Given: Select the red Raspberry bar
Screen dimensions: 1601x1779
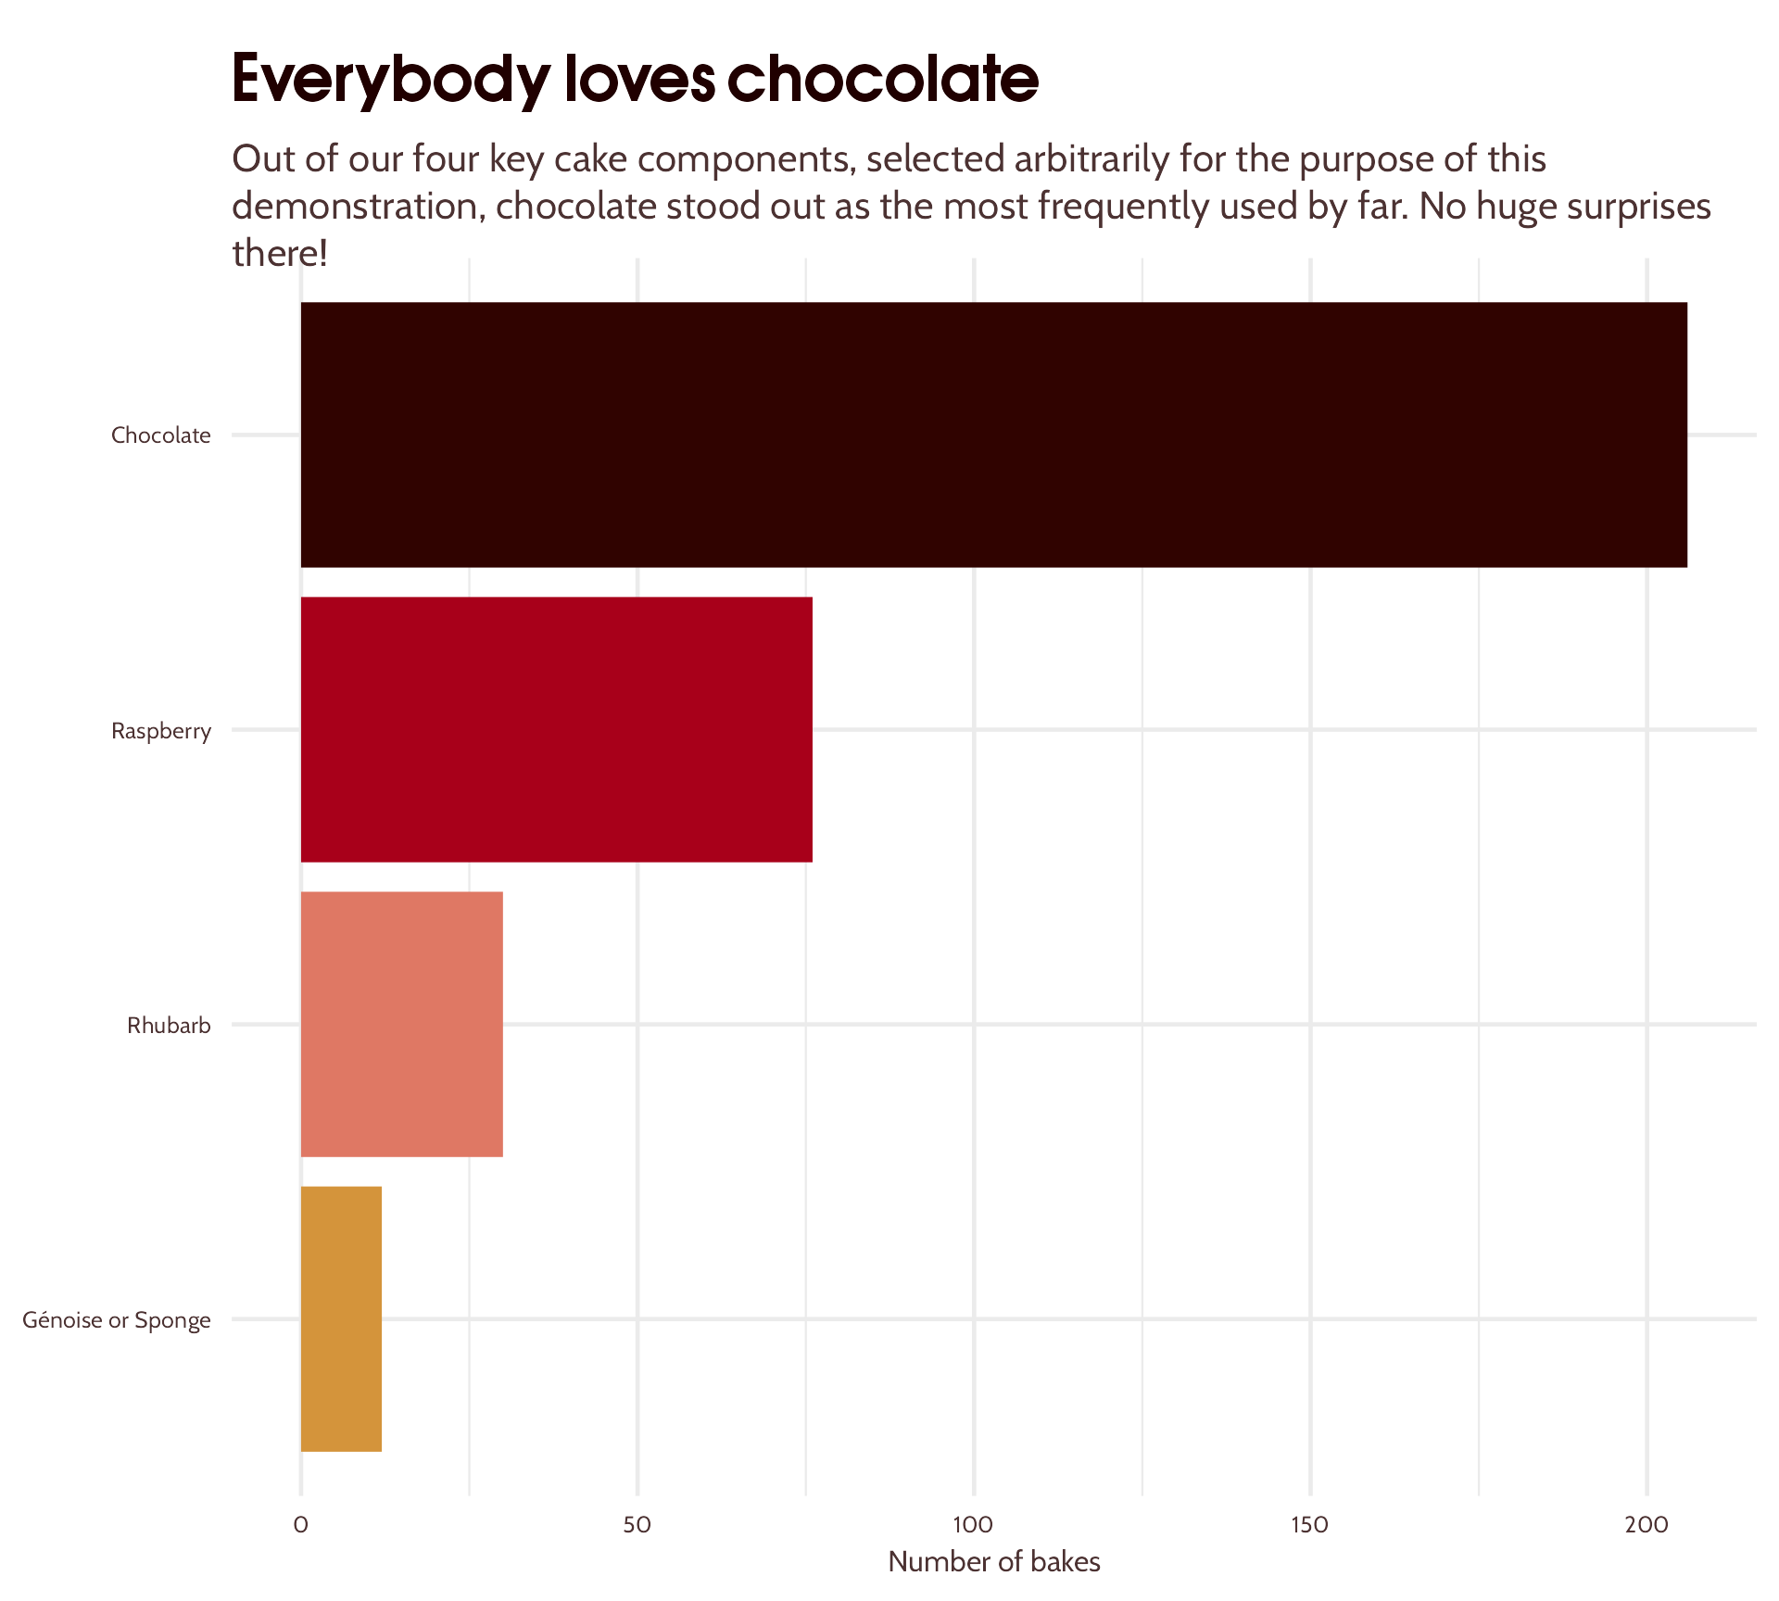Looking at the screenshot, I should click(x=556, y=729).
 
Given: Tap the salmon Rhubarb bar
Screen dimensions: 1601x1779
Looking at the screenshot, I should click(x=401, y=1024).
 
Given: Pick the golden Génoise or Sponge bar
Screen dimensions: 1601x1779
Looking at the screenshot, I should click(x=341, y=1318).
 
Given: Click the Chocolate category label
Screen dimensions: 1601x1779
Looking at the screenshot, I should click(x=161, y=435).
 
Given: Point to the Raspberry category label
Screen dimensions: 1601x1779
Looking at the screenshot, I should click(x=161, y=731).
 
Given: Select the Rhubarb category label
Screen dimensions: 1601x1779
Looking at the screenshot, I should click(x=169, y=1026).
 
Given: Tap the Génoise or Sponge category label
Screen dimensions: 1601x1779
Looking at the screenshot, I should click(x=117, y=1320).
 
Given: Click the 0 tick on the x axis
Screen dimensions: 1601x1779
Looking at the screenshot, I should click(x=300, y=1525).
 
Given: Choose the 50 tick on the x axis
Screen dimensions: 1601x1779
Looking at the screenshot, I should click(x=637, y=1525).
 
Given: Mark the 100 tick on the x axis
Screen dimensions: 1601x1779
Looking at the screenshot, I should click(x=974, y=1525).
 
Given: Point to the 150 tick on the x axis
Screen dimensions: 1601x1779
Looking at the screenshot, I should click(x=1310, y=1525).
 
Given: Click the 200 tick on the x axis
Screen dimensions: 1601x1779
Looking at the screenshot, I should click(x=1647, y=1525).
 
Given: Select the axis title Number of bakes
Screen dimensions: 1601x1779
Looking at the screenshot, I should click(x=993, y=1562).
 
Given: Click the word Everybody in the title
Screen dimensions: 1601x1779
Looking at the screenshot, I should click(x=390, y=81).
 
